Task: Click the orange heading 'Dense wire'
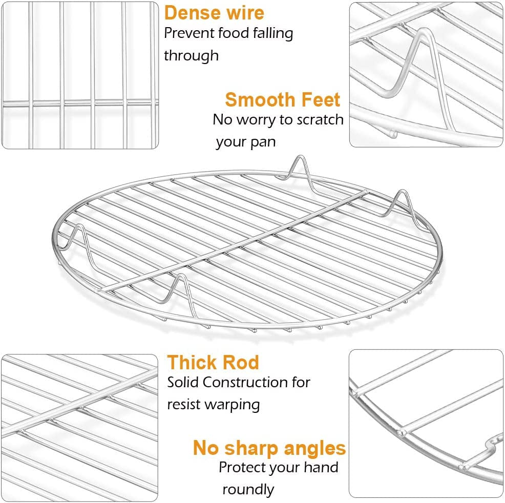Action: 215,12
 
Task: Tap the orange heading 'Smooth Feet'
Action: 282,99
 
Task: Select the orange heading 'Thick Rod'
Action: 213,362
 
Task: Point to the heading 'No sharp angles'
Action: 269,448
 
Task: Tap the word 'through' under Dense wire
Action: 191,55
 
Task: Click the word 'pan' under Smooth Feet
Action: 264,142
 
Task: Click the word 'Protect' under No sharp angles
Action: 243,467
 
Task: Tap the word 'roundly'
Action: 248,489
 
